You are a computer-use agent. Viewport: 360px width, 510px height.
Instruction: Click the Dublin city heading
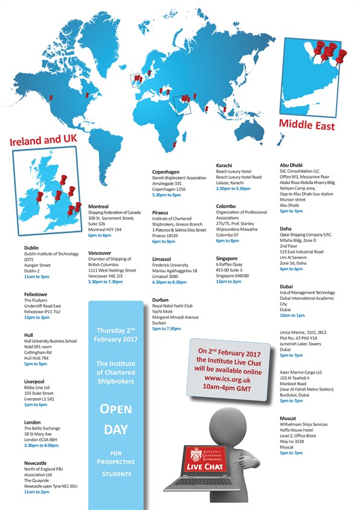32,247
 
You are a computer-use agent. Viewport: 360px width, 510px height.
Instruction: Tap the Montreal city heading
100,206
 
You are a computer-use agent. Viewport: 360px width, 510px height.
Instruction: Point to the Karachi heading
226,165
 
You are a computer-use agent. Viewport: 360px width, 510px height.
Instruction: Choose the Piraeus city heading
161,212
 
